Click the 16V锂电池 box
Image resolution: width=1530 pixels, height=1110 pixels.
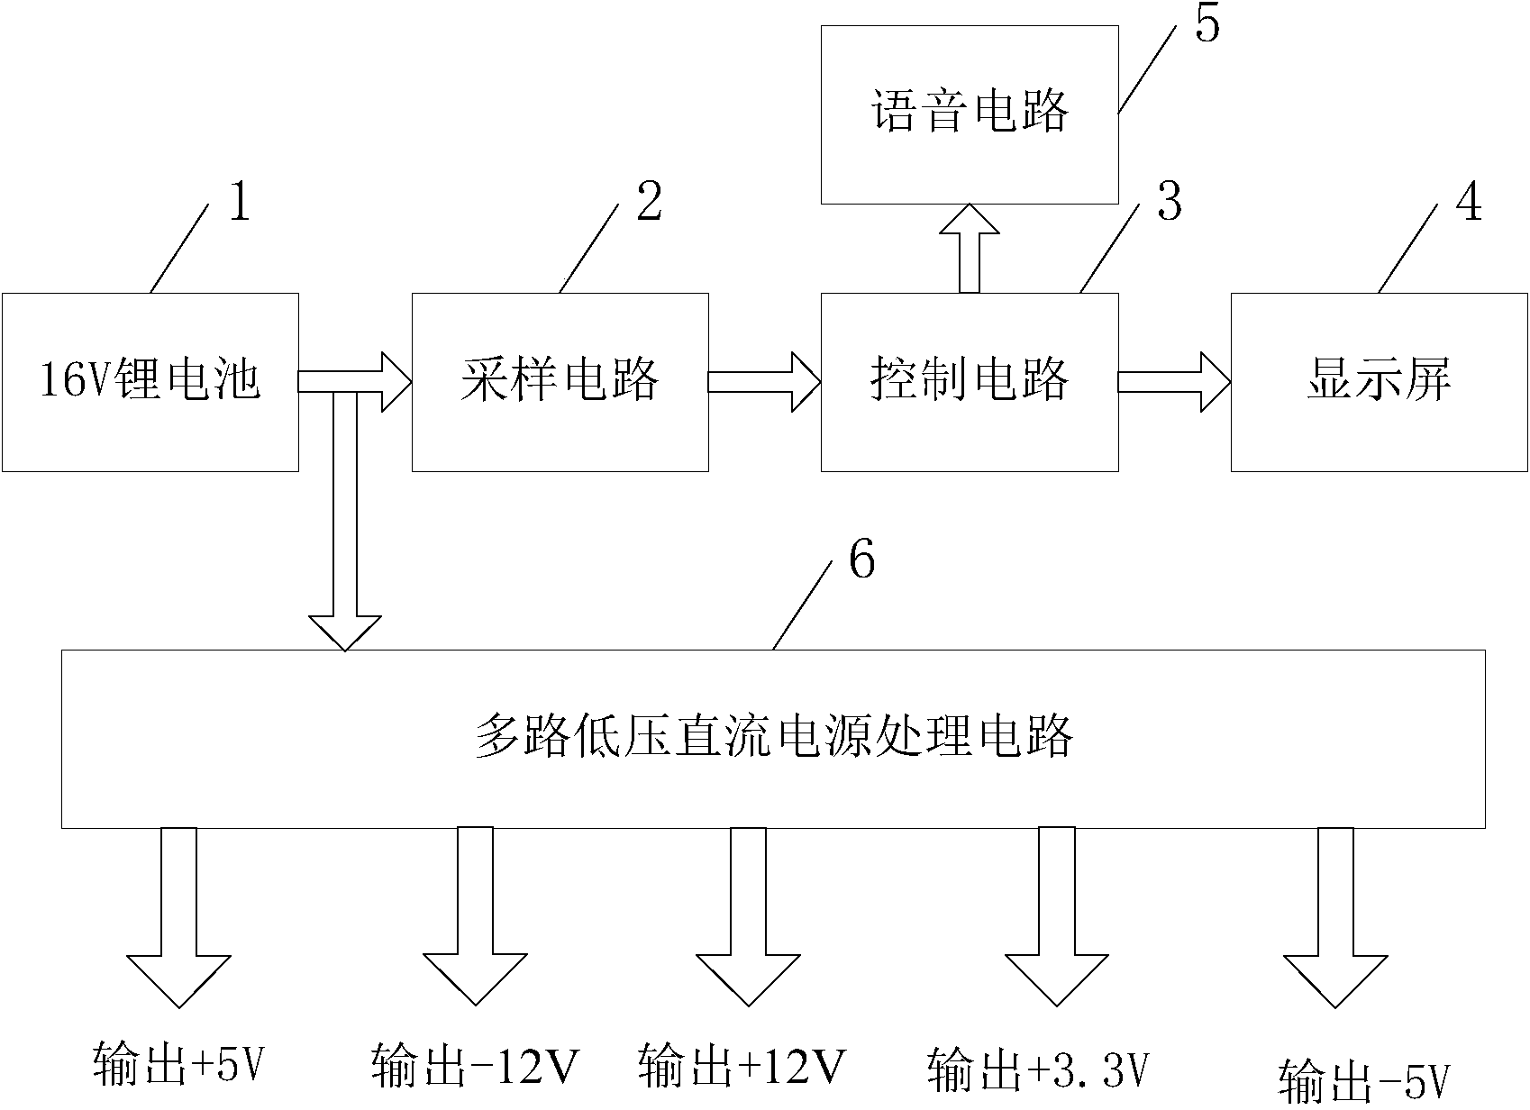tap(150, 381)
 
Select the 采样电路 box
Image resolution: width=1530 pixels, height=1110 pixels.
tap(560, 381)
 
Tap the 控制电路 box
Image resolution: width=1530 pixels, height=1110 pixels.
tap(970, 381)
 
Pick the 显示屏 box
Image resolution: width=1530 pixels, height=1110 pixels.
tap(1379, 381)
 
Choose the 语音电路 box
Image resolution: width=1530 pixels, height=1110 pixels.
tap(970, 114)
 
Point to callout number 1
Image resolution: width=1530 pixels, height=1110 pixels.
tap(239, 203)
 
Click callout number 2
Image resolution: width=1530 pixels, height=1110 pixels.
tap(649, 203)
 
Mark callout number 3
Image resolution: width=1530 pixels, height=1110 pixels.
tap(1170, 203)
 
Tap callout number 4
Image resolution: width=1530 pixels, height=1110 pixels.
tap(1469, 203)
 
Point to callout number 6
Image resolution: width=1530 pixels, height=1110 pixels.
tap(861, 561)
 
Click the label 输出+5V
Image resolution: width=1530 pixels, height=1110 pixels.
tap(180, 1065)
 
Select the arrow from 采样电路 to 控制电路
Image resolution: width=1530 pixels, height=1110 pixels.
tap(764, 382)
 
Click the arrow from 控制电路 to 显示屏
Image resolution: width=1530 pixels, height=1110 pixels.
tap(1174, 382)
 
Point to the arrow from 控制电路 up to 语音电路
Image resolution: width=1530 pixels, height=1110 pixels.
tap(970, 248)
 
